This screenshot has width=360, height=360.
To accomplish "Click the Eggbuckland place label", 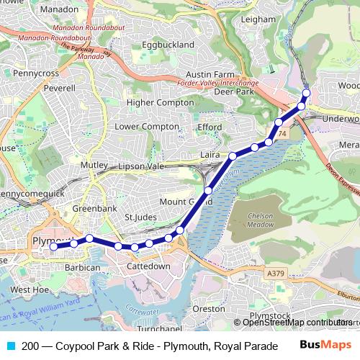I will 168,45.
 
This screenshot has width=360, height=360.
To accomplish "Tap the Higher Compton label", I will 161,103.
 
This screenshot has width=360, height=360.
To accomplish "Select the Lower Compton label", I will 146,127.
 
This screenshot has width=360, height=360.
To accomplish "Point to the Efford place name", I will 210,127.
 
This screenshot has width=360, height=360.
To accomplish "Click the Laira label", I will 210,155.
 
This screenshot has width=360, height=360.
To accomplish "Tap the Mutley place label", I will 93,165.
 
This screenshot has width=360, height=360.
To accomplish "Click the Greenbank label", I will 89,209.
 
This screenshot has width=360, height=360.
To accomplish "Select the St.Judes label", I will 140,217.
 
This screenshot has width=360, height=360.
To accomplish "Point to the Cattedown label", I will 148,266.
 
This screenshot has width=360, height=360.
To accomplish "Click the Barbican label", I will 83,267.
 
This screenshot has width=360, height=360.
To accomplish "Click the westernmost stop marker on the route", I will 53,247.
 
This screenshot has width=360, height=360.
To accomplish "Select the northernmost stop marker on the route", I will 306,93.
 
